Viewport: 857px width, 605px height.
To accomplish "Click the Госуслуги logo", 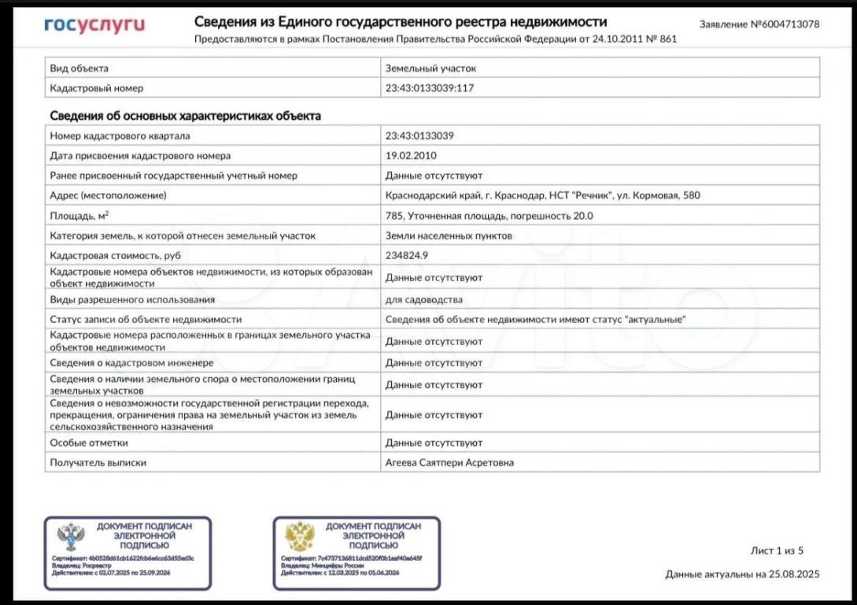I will [94, 25].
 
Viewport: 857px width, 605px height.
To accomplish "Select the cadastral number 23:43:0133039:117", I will [429, 88].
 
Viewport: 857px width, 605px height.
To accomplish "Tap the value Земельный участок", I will [430, 69].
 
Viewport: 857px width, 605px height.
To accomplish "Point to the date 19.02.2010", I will [410, 155].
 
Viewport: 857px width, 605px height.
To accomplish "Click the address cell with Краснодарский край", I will [542, 195].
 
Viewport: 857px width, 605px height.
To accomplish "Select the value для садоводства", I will [423, 299].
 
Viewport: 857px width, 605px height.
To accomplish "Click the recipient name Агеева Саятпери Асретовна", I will [449, 462].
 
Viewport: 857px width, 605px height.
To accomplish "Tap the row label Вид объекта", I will [79, 69].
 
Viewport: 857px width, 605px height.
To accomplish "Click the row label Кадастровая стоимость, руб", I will [116, 255].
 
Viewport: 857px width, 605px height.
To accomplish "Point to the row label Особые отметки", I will [88, 443].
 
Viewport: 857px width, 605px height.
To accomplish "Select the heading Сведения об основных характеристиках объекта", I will [185, 116].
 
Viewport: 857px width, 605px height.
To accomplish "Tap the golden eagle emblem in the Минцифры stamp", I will [300, 536].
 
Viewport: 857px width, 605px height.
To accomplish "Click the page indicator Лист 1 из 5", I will [776, 551].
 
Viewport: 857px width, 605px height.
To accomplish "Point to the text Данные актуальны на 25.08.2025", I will [741, 574].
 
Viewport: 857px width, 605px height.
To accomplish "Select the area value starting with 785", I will [489, 215].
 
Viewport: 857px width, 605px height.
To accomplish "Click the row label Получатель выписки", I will [98, 462].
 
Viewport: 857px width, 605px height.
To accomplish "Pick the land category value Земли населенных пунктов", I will [449, 235].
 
